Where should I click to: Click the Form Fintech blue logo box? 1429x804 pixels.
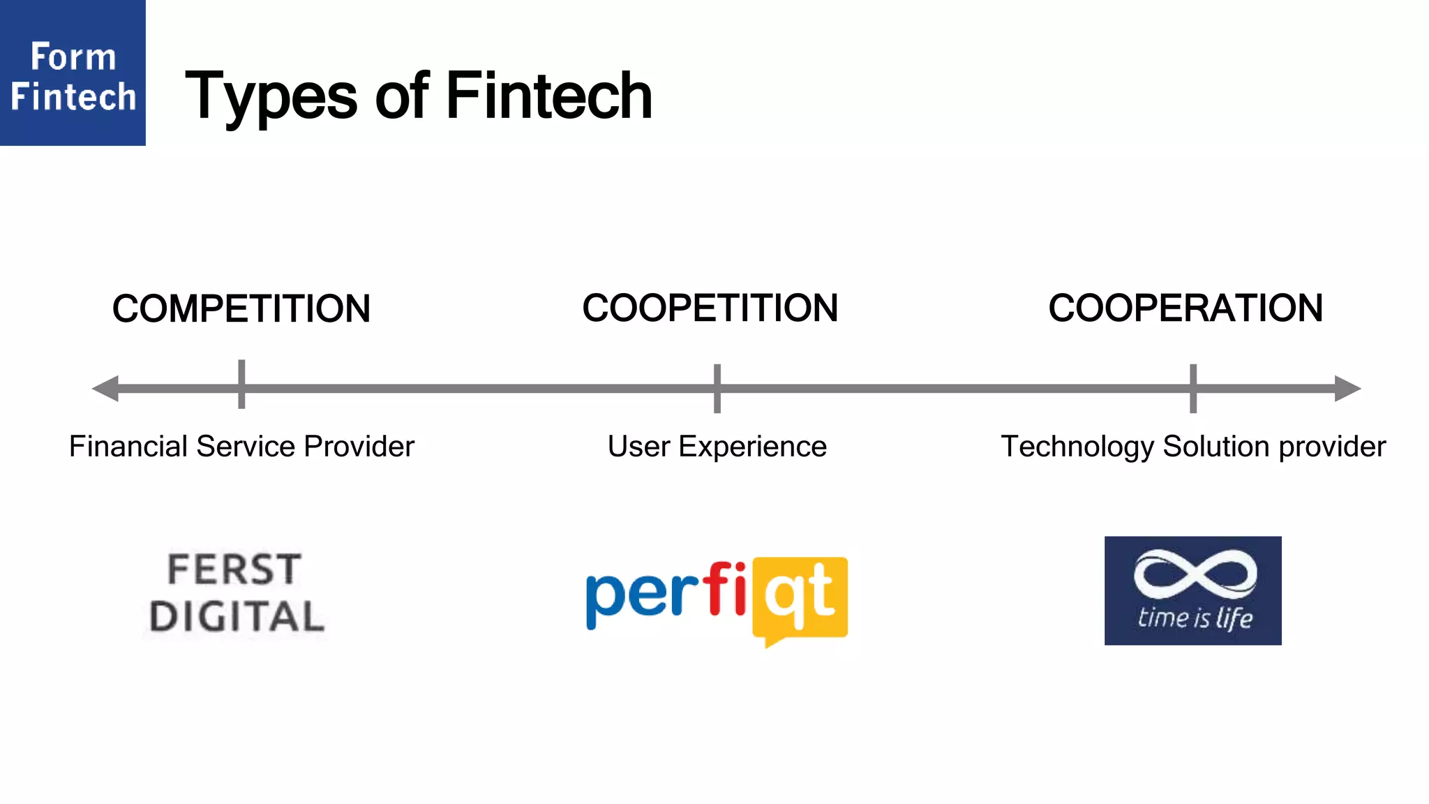(x=73, y=73)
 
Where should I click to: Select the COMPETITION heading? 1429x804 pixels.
(x=241, y=308)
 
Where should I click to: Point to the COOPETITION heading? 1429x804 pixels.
(x=710, y=308)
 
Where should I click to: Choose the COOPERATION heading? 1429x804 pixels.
(x=1185, y=308)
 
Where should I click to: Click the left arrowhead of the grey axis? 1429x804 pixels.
(x=105, y=388)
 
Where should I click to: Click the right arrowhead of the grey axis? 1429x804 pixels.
(x=1347, y=388)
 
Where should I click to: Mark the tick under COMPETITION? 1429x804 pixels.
(x=241, y=385)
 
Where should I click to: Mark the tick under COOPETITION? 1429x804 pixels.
(x=717, y=388)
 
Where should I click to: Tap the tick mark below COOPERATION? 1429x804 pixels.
(x=1193, y=388)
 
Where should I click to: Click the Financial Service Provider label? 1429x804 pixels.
(x=241, y=447)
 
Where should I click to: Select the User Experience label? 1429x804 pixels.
(x=717, y=447)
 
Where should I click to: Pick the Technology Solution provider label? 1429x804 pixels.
(x=1192, y=447)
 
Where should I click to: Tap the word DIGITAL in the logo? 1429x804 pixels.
(x=237, y=617)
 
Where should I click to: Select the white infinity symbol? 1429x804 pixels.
(x=1194, y=574)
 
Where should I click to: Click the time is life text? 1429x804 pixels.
(x=1194, y=618)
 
